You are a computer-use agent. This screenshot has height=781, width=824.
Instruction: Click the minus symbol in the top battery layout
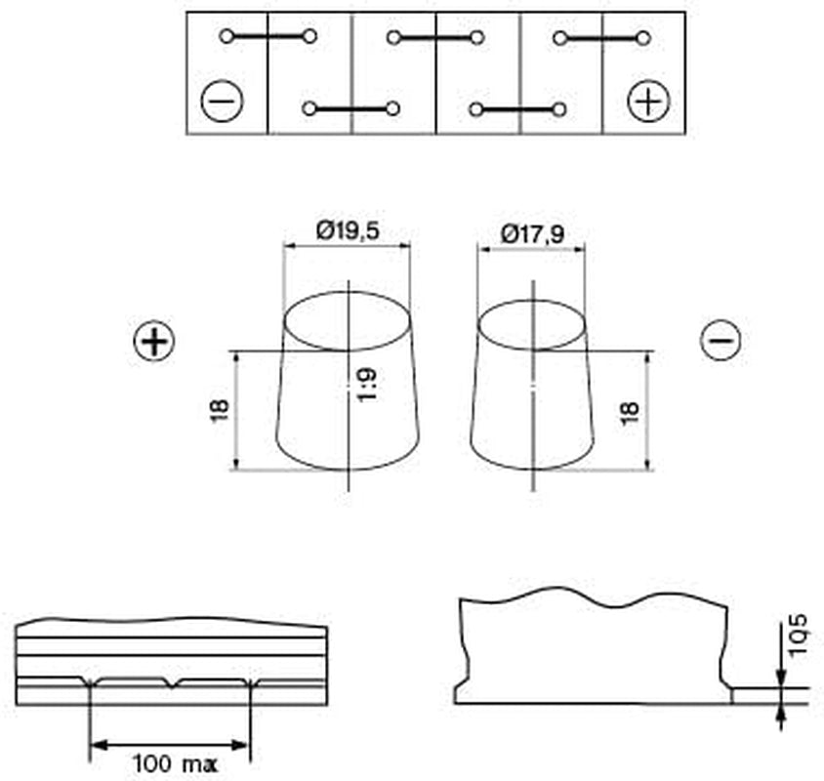pos(222,101)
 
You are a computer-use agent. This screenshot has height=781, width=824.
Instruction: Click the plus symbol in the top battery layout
pos(648,101)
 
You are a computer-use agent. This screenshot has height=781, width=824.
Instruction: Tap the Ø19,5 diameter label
pos(348,230)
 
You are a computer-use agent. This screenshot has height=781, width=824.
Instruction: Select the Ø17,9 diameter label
pos(533,233)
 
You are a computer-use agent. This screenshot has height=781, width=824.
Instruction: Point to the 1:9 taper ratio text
pos(366,386)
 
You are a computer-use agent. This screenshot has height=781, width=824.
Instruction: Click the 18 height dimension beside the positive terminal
pos(220,410)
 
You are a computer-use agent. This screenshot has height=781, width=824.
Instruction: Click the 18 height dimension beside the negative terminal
pos(629,413)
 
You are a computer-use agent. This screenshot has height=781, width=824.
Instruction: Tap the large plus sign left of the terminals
pos(154,341)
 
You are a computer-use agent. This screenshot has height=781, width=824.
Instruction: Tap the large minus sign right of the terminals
pos(721,340)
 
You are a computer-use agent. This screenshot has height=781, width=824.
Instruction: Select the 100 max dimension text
pos(175,763)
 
